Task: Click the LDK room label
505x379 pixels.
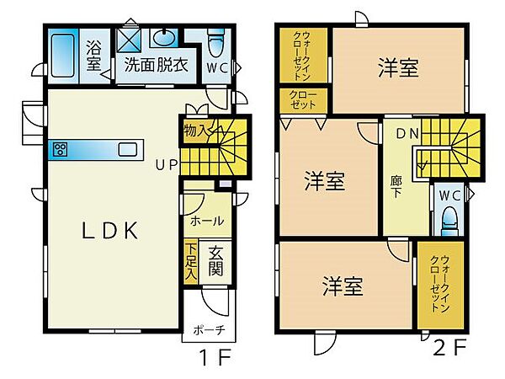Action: coord(109,232)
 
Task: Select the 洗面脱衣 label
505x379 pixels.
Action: coord(156,64)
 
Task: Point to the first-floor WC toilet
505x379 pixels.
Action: coord(215,43)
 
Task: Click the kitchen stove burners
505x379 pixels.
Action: coord(61,150)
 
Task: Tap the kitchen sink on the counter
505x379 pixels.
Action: coord(127,150)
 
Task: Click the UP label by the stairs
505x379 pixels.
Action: coord(165,164)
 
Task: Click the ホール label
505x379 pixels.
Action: coord(207,222)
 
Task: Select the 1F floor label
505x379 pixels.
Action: coord(215,357)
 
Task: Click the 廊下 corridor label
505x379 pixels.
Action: coord(396,184)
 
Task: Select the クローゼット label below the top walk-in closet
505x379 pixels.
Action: coord(304,99)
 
